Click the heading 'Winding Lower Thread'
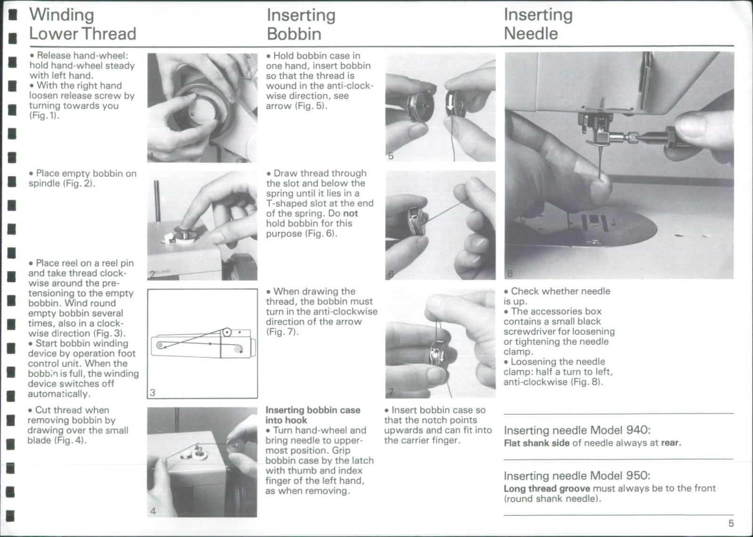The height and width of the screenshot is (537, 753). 82,24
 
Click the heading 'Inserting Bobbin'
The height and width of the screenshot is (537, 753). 301,24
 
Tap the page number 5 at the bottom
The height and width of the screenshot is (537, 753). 731,523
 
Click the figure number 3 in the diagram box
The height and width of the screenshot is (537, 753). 152,393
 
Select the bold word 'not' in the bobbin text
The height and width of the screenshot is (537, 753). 351,213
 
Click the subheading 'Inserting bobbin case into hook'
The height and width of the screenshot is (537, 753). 312,415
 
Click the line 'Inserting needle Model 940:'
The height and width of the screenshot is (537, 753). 577,430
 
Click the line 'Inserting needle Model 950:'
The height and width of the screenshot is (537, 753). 577,476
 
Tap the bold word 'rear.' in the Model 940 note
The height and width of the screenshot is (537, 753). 671,443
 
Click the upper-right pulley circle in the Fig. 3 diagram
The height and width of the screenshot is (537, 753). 227,333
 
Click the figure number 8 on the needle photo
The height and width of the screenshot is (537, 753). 510,273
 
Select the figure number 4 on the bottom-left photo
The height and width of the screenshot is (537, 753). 153,511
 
